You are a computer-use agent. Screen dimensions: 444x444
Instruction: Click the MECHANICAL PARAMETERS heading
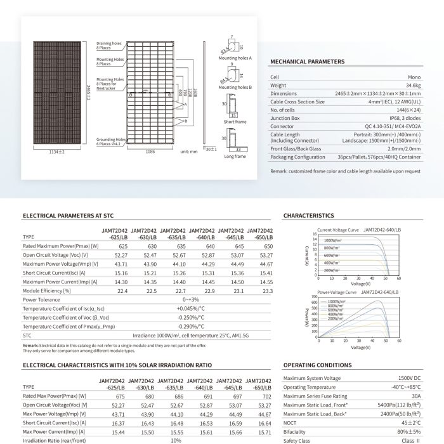click(308, 62)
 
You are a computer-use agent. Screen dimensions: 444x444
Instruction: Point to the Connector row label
click(283, 126)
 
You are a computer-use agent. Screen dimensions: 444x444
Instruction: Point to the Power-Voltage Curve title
click(336, 292)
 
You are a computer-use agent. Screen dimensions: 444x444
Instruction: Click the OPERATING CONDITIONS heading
click(317, 366)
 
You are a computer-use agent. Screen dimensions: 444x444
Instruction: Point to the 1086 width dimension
click(150, 153)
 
